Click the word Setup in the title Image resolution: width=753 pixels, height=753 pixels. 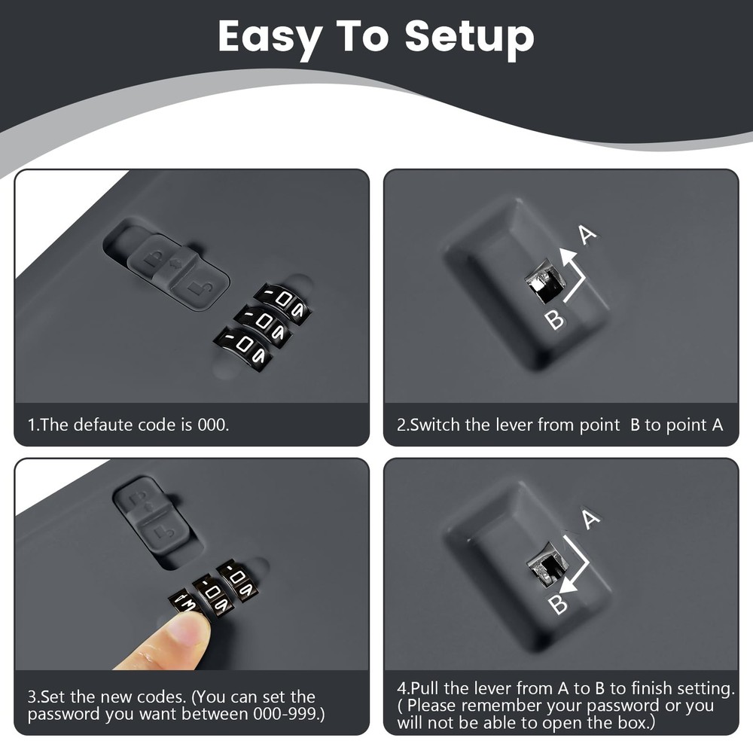pyautogui.click(x=469, y=37)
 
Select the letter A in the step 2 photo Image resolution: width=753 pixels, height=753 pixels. pyautogui.click(x=587, y=234)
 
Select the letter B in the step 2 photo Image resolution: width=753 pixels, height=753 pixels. pyautogui.click(x=555, y=319)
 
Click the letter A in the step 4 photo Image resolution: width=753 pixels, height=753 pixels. pyautogui.click(x=590, y=519)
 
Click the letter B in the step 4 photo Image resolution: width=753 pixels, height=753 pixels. pyautogui.click(x=559, y=605)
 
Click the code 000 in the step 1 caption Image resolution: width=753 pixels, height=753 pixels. pyautogui.click(x=213, y=425)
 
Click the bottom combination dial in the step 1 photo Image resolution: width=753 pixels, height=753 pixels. pyautogui.click(x=243, y=349)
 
